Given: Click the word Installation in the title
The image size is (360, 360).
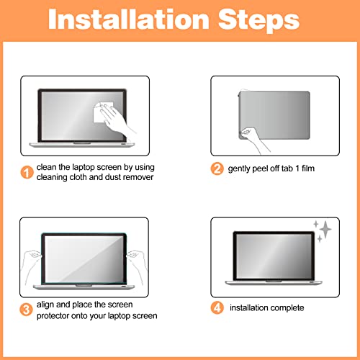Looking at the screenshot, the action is [x=129, y=19].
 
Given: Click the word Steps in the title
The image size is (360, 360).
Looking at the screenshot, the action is [x=258, y=21].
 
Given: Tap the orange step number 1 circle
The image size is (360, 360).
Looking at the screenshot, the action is [x=27, y=172].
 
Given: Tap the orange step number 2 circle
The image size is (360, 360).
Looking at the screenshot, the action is [x=217, y=168].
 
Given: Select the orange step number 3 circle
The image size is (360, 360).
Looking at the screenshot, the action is [x=26, y=310].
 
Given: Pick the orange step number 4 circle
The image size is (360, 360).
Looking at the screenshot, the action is [x=217, y=307].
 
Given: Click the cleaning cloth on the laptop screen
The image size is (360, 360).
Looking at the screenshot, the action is [x=102, y=112].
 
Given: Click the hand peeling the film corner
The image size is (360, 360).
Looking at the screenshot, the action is [x=253, y=140].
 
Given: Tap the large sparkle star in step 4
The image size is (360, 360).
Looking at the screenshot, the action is [x=325, y=230].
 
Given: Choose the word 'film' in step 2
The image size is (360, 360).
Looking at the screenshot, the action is [x=308, y=168].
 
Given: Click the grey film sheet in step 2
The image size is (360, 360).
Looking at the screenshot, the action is [x=274, y=115].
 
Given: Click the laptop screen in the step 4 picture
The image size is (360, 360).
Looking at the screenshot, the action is [x=274, y=256].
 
